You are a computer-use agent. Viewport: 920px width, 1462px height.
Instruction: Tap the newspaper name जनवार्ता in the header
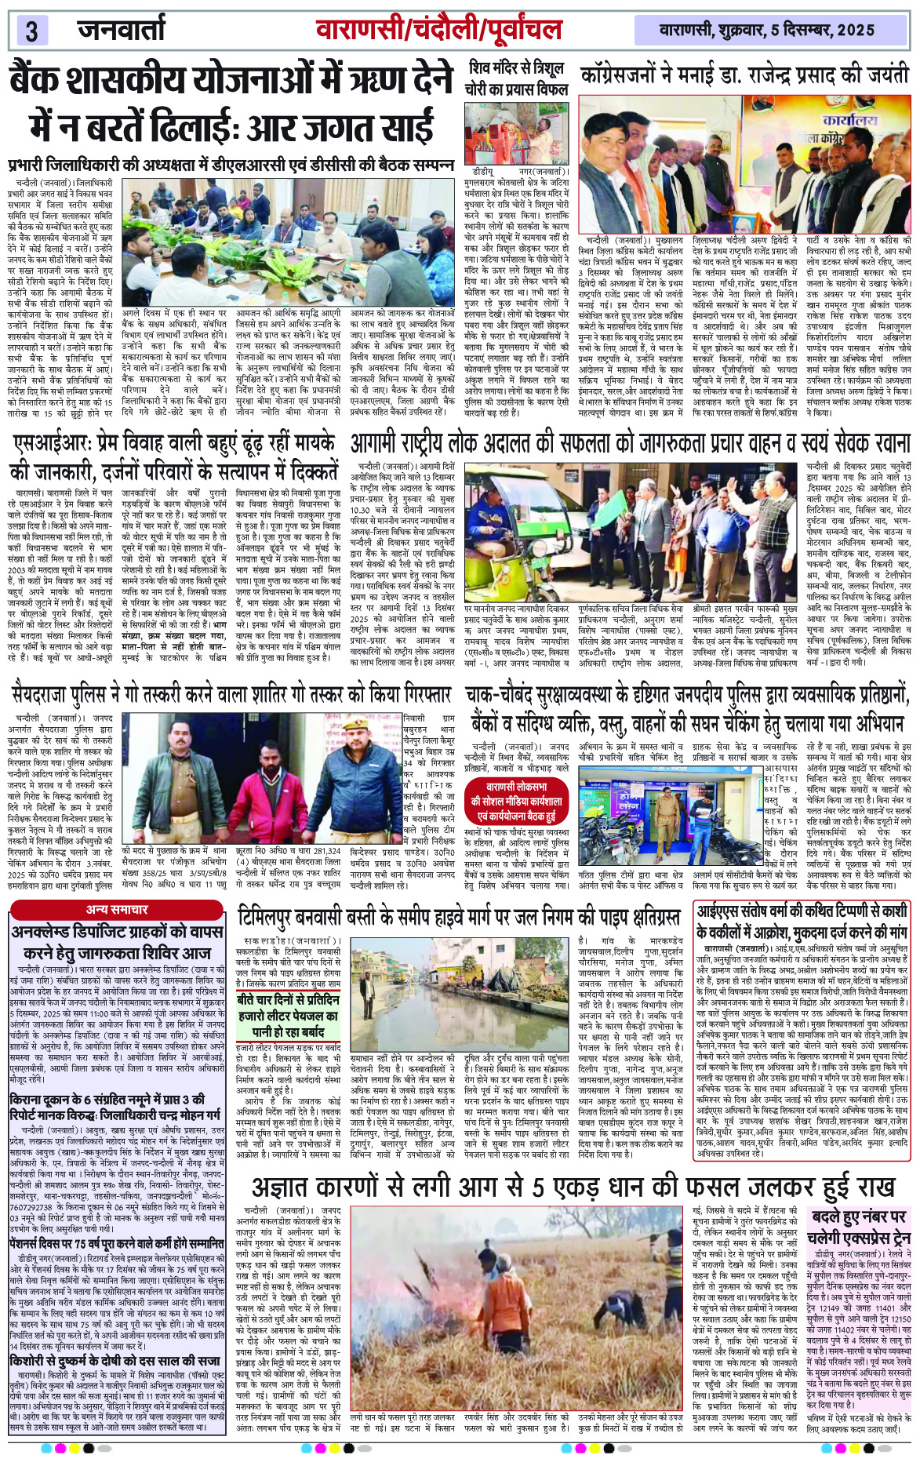point(122,30)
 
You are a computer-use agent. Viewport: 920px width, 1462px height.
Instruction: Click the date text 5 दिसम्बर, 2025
point(823,31)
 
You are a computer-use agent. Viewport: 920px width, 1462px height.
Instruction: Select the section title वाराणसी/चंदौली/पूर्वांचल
point(438,30)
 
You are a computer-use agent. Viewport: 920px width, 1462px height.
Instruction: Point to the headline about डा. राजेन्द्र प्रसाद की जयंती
point(744,75)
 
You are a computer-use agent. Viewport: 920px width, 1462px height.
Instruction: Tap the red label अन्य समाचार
point(118,910)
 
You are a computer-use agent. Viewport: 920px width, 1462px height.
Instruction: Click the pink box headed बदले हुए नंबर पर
point(860,1228)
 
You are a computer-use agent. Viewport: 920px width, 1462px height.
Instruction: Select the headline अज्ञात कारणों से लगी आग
point(573,1186)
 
